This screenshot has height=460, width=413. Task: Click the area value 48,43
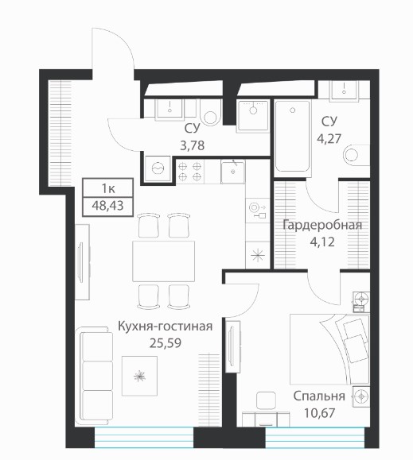[x=107, y=206]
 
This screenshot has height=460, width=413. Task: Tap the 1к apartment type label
[x=108, y=188]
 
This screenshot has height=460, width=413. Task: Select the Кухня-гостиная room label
[x=165, y=326]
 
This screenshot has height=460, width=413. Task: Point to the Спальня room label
[x=319, y=396]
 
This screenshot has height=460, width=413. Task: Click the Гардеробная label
[x=322, y=226]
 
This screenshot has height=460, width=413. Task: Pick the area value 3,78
[x=192, y=145]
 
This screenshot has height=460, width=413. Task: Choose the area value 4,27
[x=329, y=138]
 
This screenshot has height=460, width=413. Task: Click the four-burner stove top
[x=190, y=172]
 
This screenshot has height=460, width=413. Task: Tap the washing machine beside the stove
[x=158, y=168]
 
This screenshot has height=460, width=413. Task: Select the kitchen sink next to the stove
[x=232, y=172]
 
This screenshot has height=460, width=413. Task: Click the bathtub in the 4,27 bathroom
[x=293, y=137]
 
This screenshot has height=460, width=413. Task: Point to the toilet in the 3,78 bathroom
[x=210, y=114]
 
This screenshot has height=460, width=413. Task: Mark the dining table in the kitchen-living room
[x=164, y=261]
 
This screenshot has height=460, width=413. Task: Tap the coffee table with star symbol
[x=139, y=376]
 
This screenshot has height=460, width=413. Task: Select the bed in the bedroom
[x=329, y=349]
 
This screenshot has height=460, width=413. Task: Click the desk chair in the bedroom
[x=266, y=400]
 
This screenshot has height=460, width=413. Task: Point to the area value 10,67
[x=319, y=413]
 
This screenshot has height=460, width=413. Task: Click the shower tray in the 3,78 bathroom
[x=253, y=115]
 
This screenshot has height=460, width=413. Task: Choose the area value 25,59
[x=166, y=342]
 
